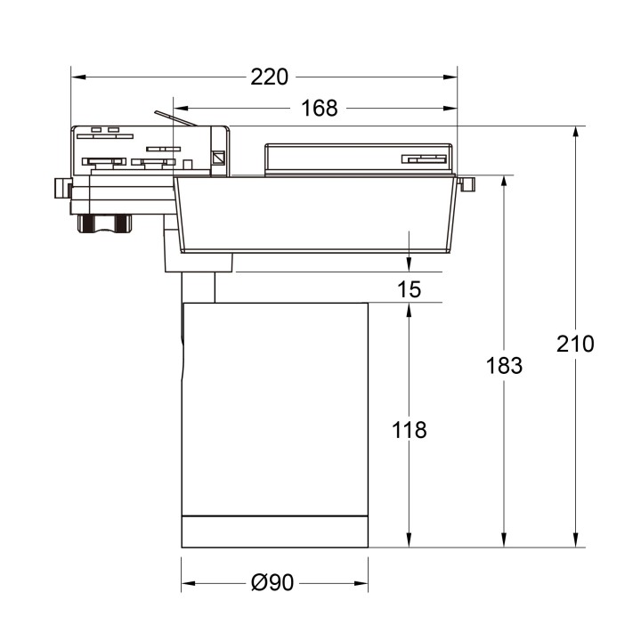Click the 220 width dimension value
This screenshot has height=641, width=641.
[269, 77]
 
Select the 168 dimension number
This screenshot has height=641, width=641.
[319, 109]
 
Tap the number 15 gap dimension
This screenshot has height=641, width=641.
[409, 289]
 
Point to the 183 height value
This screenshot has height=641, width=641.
[504, 365]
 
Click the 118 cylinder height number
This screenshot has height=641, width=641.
[409, 430]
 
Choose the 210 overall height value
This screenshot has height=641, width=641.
[575, 344]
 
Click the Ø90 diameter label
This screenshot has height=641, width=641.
[272, 583]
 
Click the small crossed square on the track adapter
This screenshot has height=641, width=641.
[217, 160]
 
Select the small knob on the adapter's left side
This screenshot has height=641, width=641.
[60, 189]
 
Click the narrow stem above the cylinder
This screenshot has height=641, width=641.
[198, 288]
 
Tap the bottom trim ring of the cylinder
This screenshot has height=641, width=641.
[274, 531]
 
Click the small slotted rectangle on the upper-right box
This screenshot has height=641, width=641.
[423, 159]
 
